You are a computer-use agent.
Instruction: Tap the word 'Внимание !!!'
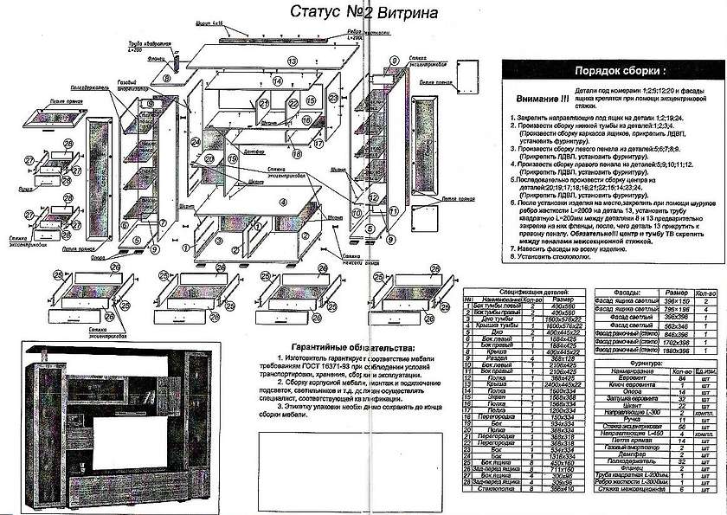click(542, 100)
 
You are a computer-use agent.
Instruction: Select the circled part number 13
click(293, 61)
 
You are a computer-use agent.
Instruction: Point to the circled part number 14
click(279, 81)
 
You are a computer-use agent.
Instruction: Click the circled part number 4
click(282, 202)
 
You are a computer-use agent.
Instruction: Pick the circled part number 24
click(196, 141)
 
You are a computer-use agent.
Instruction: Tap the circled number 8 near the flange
click(166, 77)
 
